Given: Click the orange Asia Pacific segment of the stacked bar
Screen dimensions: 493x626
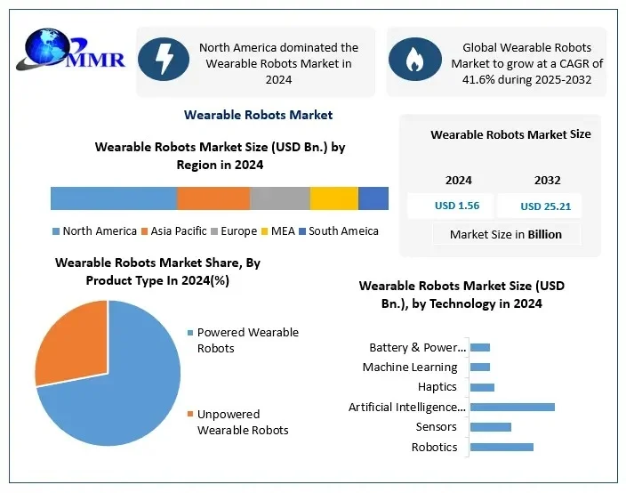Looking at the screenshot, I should tap(213, 198).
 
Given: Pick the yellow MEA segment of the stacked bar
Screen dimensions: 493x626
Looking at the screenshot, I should tap(334, 198).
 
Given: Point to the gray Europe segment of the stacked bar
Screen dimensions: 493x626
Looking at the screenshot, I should tap(280, 198).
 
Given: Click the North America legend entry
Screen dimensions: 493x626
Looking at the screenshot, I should tap(95, 231).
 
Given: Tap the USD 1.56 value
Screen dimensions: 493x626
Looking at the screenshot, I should tap(457, 206).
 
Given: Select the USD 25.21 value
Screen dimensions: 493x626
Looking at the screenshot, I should tap(545, 206).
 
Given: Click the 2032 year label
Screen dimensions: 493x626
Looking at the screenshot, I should tap(548, 180).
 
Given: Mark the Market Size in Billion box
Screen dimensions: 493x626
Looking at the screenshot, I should tap(506, 234).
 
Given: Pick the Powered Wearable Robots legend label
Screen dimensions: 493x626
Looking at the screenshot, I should tap(247, 340).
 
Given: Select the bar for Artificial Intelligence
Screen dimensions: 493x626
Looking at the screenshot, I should tap(512, 407).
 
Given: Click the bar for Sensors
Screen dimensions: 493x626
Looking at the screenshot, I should tap(490, 427).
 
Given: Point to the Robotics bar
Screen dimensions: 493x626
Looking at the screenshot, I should tap(502, 447).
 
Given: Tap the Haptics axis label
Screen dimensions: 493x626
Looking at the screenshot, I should tap(437, 387).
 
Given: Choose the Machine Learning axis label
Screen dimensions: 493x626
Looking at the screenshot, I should tap(410, 367).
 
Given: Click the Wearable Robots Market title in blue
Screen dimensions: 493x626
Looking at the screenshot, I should tap(258, 115).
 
